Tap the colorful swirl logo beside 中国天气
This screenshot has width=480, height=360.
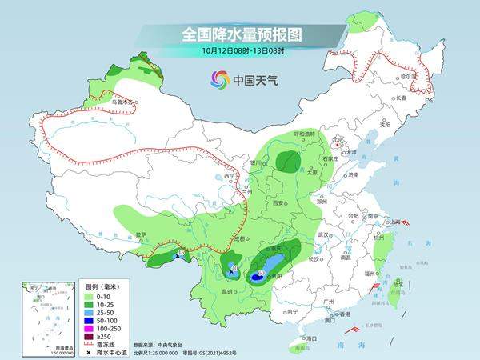pos(219,78)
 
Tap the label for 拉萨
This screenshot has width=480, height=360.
pos(142,234)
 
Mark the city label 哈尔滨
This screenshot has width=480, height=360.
pos(410,75)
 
